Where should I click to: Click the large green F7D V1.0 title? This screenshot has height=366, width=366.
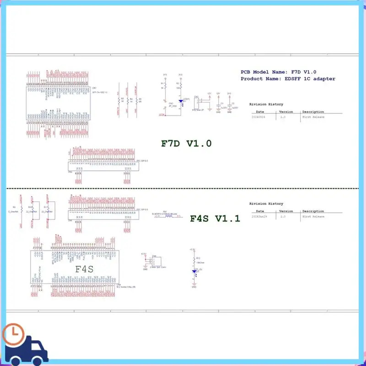click(x=186, y=143)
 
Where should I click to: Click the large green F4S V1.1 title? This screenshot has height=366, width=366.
click(x=215, y=218)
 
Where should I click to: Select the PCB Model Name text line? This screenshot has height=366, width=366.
click(x=279, y=72)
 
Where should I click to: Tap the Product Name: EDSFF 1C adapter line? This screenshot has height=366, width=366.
click(x=288, y=79)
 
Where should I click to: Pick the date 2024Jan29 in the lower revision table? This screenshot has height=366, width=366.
click(x=259, y=216)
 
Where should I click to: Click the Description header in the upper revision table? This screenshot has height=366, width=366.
click(x=313, y=112)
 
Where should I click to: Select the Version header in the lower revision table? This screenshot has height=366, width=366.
click(x=286, y=211)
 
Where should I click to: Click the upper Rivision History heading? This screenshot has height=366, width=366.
click(x=266, y=104)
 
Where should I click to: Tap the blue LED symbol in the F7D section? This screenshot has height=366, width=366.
click(x=181, y=102)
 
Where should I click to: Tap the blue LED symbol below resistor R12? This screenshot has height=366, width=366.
click(x=194, y=271)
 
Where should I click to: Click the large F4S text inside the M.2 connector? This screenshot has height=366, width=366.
click(x=84, y=269)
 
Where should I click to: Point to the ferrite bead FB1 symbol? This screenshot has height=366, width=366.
click(x=169, y=216)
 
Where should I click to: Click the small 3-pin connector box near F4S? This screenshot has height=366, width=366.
click(x=156, y=262)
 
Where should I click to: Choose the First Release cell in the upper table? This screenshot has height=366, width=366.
click(x=313, y=117)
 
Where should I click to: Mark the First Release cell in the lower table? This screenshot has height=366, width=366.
click(x=313, y=216)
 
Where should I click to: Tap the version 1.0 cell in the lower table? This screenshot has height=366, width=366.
click(x=283, y=216)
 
